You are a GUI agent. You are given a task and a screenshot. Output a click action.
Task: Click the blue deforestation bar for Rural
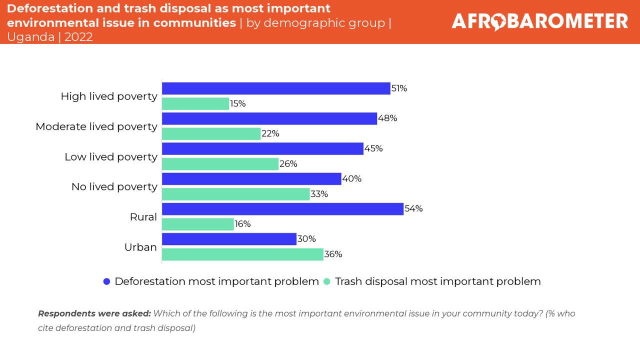pos(282,209)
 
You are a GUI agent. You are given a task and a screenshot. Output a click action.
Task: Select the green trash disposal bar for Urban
pos(242,254)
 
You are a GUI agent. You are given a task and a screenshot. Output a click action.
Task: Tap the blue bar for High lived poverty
pos(276,88)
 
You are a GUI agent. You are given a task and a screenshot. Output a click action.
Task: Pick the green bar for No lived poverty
pos(236,194)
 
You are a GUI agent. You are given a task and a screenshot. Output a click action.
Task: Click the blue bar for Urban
pos(229,239)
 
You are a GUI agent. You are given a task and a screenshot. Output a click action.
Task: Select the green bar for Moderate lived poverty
pos(211,133)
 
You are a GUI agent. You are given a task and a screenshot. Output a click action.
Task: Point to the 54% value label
pos(413,208)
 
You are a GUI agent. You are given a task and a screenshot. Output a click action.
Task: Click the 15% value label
pos(237,103)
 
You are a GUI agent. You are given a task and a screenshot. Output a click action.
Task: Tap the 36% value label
pos(333,254)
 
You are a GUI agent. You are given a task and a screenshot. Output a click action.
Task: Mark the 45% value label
pos(373,148)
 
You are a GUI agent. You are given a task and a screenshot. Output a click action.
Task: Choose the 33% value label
pos(319,194)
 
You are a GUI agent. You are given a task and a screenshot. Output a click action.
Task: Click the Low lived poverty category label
pos(111,156)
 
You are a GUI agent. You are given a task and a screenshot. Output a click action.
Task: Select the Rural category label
pos(143,217)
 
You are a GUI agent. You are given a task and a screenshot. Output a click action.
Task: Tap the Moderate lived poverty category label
pos(96,126)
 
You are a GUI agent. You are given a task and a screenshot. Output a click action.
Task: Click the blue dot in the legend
pos(106,281)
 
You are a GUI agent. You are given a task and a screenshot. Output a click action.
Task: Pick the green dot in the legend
pos(327,281)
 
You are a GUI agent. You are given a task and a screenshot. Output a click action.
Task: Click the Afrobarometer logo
pos(539,21)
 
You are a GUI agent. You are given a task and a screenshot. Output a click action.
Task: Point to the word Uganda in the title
pos(30,37)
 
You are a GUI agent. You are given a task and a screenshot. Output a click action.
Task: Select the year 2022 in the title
pos(78,37)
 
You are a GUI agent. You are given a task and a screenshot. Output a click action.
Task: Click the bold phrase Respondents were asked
pos(94,313)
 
